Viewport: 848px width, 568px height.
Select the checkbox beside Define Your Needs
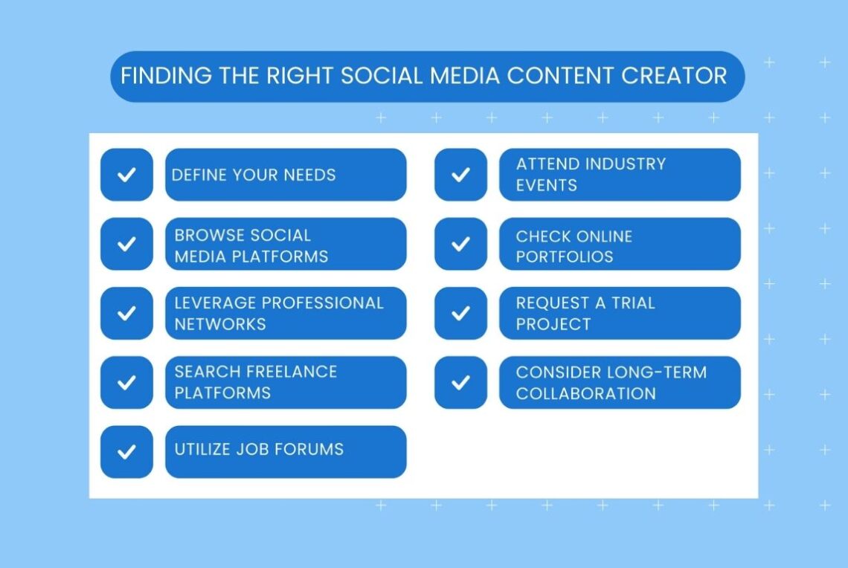click(126, 175)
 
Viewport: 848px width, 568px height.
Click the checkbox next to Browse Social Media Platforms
click(126, 244)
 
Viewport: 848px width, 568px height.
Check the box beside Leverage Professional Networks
click(126, 313)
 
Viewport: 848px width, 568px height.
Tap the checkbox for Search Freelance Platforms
click(126, 382)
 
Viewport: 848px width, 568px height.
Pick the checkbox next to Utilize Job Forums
click(126, 451)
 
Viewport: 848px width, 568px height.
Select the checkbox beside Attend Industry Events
click(460, 175)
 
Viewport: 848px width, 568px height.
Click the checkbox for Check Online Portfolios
click(460, 244)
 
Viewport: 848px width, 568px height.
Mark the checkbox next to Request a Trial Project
click(460, 313)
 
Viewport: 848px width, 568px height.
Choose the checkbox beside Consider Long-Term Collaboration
click(460, 382)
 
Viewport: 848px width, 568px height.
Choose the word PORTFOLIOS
click(565, 256)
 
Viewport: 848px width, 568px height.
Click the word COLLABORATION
click(586, 393)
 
